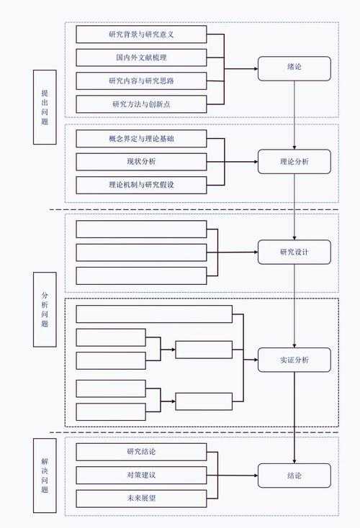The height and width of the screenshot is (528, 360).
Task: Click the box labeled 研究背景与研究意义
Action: pos(141,34)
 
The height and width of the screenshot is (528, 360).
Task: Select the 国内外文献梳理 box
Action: pos(141,57)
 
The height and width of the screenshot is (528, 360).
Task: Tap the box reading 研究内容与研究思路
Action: pos(141,81)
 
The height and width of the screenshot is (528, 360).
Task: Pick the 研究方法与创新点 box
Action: pos(141,104)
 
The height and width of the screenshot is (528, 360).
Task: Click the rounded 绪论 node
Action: pos(294,68)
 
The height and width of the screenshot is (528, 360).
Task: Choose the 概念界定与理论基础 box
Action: pos(141,138)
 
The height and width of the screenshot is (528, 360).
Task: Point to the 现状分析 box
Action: pos(141,161)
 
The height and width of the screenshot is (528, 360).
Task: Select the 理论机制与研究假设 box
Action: pos(141,185)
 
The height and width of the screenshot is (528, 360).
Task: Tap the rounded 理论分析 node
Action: pos(294,162)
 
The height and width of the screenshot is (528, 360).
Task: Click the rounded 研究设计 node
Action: pos(294,252)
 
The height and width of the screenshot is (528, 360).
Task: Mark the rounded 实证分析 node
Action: pos(294,360)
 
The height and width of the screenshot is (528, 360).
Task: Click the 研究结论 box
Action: pos(141,452)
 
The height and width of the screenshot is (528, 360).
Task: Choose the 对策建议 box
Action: pos(141,475)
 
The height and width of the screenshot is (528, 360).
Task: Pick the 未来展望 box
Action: pos(141,499)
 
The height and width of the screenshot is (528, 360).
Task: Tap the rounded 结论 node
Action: pos(294,475)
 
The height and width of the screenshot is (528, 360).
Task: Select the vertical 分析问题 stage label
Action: pos(45,310)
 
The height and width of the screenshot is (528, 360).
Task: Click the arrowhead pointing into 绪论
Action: pos(255,69)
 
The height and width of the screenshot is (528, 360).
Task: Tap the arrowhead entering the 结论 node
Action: pos(255,475)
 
